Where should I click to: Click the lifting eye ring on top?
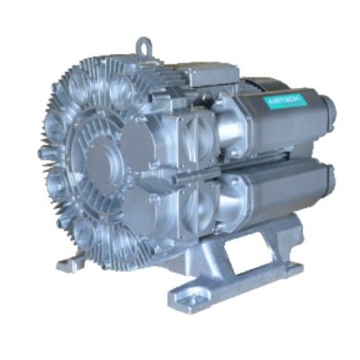click(x=145, y=45)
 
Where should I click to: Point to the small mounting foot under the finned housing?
click(x=69, y=264)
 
